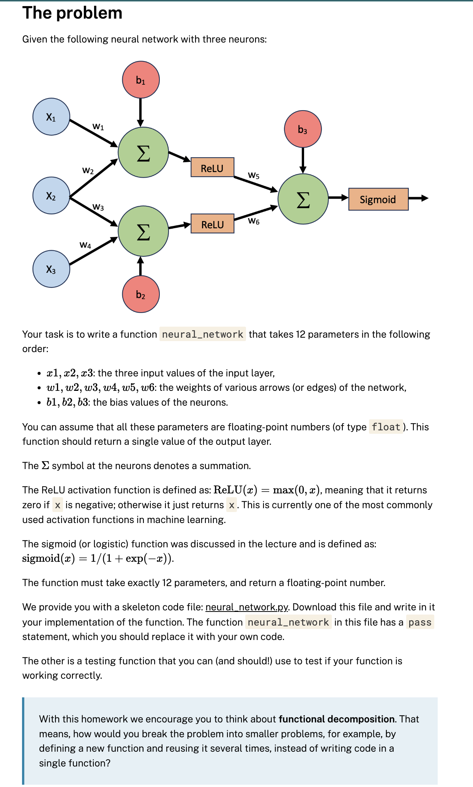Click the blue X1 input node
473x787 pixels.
51,117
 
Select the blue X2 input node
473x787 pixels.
51,196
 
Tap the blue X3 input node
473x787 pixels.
51,269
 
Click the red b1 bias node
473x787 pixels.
141,80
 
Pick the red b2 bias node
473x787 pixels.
141,294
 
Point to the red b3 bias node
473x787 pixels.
303,129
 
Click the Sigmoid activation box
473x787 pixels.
378,199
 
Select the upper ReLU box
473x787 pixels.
212,167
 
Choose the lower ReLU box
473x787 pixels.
212,224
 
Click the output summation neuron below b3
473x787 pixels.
303,199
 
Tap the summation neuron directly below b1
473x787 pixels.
143,152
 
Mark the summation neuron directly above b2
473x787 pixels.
143,231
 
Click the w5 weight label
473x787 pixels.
254,175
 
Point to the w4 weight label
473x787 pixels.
85,245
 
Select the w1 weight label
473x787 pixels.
98,126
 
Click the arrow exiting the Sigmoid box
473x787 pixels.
419,198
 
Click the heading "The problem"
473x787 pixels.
73,13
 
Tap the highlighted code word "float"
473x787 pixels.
386,427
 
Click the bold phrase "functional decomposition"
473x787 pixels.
337,719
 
